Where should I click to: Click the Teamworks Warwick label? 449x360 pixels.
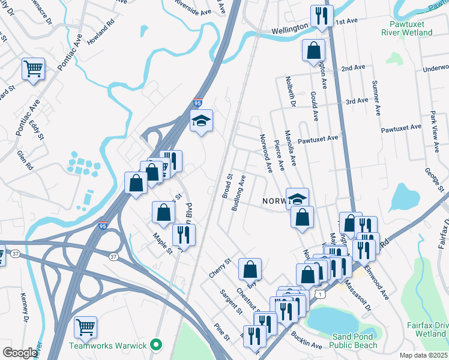pyautogui.click(x=107, y=346)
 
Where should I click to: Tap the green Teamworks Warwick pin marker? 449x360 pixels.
pyautogui.click(x=157, y=345)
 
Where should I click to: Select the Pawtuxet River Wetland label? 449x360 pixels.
pyautogui.click(x=406, y=28)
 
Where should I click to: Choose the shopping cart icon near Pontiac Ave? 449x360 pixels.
pyautogui.click(x=33, y=68)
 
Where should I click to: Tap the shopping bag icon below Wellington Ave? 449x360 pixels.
pyautogui.click(x=313, y=52)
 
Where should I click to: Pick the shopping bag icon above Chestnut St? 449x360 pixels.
pyautogui.click(x=250, y=269)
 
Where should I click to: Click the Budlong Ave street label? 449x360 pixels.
pyautogui.click(x=240, y=193)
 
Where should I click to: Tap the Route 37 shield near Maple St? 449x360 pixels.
pyautogui.click(x=113, y=256)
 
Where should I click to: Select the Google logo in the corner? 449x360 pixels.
pyautogui.click(x=19, y=353)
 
